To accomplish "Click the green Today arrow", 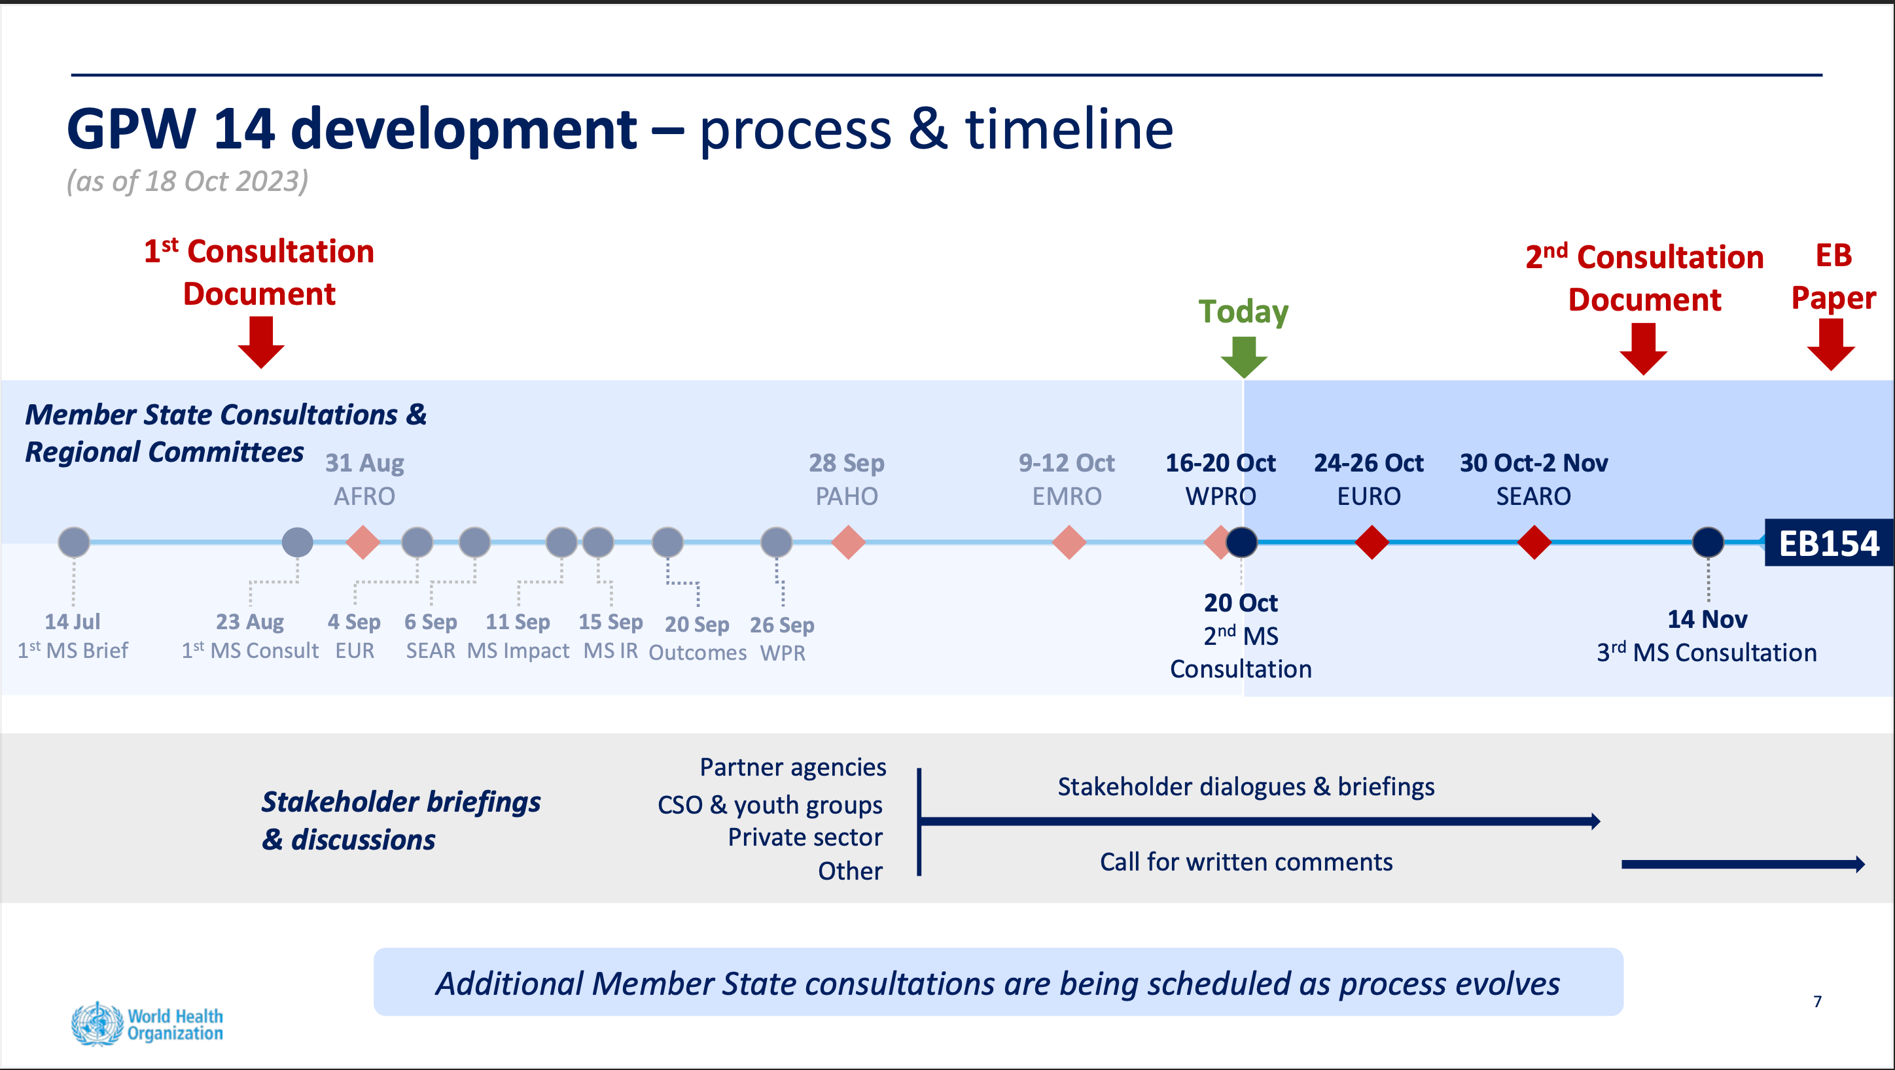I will pyautogui.click(x=1243, y=356).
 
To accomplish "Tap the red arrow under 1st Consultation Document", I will pyautogui.click(x=261, y=342).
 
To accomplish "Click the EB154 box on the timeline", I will pyautogui.click(x=1828, y=544).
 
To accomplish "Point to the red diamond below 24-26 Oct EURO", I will pyautogui.click(x=1372, y=543).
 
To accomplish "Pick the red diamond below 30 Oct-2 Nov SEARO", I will pyautogui.click(x=1534, y=543).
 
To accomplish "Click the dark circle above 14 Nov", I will pyautogui.click(x=1707, y=543).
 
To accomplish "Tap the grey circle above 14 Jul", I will pyautogui.click(x=73, y=543).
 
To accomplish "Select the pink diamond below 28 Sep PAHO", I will pyautogui.click(x=847, y=543).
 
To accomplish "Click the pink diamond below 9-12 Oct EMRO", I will pyautogui.click(x=1068, y=543).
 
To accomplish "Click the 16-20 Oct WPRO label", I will pyautogui.click(x=1220, y=479).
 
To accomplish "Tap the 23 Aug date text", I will pyautogui.click(x=249, y=621).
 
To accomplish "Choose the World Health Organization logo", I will pyautogui.click(x=147, y=1024).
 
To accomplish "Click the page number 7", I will pyautogui.click(x=1817, y=1001).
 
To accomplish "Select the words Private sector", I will pyautogui.click(x=805, y=837).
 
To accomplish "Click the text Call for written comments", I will pyautogui.click(x=1246, y=861).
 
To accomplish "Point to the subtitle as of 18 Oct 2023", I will pyautogui.click(x=188, y=181).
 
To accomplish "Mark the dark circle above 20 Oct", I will pyautogui.click(x=1242, y=543).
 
